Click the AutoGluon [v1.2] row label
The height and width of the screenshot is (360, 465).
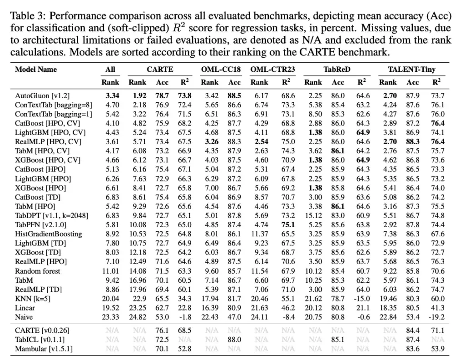tap(42, 96)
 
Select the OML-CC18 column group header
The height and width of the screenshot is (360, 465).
tap(221, 70)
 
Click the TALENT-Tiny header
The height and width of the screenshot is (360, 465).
tap(411, 70)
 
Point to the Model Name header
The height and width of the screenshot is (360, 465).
tap(36, 70)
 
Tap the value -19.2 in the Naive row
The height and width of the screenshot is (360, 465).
tap(437, 317)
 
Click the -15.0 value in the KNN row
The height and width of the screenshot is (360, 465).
tap(361, 299)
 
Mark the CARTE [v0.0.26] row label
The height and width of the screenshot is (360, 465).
tap(42, 330)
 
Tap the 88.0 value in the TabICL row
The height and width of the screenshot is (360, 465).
tap(234, 340)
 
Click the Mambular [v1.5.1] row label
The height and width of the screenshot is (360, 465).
tap(44, 349)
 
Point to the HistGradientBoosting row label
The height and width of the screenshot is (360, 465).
tap(49, 234)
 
